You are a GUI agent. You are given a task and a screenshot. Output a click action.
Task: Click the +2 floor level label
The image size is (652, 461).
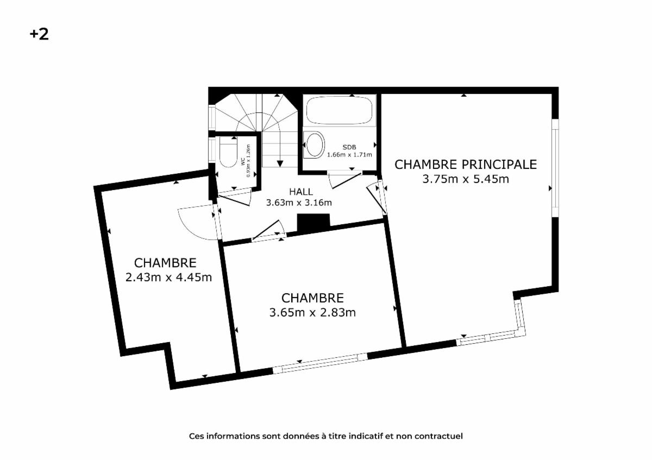pyautogui.click(x=39, y=34)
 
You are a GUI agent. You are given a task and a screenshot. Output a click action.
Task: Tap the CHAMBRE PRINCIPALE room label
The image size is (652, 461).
pyautogui.click(x=466, y=165)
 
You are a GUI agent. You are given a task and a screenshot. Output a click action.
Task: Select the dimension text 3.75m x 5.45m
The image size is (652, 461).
pyautogui.click(x=466, y=179)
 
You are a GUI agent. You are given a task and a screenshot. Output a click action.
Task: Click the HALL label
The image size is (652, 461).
pyautogui.click(x=301, y=192)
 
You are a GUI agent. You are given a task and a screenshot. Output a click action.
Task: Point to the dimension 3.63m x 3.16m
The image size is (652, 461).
pyautogui.click(x=299, y=203)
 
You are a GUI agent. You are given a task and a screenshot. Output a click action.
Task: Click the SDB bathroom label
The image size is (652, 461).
pyautogui.click(x=349, y=147)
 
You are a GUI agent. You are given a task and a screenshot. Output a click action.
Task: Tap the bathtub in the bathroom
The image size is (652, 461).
pyautogui.click(x=339, y=110)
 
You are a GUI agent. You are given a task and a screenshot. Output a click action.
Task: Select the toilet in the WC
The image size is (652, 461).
pyautogui.click(x=228, y=152)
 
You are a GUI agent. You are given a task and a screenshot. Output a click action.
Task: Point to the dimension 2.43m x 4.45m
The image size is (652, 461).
pyautogui.click(x=168, y=277)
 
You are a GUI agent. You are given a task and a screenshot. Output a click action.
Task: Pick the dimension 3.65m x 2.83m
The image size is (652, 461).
pyautogui.click(x=312, y=313)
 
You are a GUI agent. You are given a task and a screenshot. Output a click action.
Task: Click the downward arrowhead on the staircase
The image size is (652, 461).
pyautogui.click(x=280, y=164)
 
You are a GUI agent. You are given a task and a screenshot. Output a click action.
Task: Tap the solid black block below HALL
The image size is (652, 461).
pyautogui.click(x=314, y=223)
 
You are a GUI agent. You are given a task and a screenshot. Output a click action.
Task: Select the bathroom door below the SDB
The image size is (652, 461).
pyautogui.click(x=347, y=181)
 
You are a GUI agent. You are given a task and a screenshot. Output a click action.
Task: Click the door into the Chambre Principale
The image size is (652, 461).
pyautogui.click(x=377, y=198)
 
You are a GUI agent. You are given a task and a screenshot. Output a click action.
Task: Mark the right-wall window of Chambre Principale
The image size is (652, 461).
pyautogui.click(x=555, y=168)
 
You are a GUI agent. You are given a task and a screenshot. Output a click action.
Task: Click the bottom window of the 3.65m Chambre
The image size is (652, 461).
pyautogui.click(x=320, y=363)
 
